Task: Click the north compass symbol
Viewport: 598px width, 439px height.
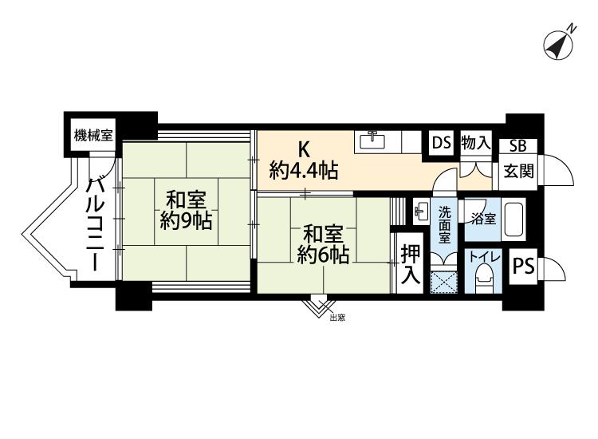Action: click(558, 45)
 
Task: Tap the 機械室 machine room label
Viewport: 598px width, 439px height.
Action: click(93, 136)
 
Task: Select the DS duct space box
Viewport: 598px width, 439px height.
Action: click(441, 143)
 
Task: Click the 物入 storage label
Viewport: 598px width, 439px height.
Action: click(475, 143)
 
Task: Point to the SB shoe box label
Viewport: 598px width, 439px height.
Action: click(517, 146)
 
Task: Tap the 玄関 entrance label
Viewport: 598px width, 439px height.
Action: click(518, 171)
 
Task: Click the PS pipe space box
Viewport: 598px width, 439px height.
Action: click(523, 266)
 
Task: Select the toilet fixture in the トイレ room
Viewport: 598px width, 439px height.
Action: click(484, 279)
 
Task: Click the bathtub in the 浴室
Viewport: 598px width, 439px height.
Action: click(514, 219)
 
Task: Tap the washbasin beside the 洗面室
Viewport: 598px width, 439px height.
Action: click(422, 211)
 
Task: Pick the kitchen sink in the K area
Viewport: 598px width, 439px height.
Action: click(372, 141)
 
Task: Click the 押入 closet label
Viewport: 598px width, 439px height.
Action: click(411, 263)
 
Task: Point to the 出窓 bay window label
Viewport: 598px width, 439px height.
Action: click(337, 318)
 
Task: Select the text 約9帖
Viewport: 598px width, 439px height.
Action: click(186, 220)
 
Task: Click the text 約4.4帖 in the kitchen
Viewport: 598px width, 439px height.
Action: click(304, 171)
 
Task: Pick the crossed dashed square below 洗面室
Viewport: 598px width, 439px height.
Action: click(443, 283)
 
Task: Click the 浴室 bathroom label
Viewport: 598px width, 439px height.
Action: click(483, 219)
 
